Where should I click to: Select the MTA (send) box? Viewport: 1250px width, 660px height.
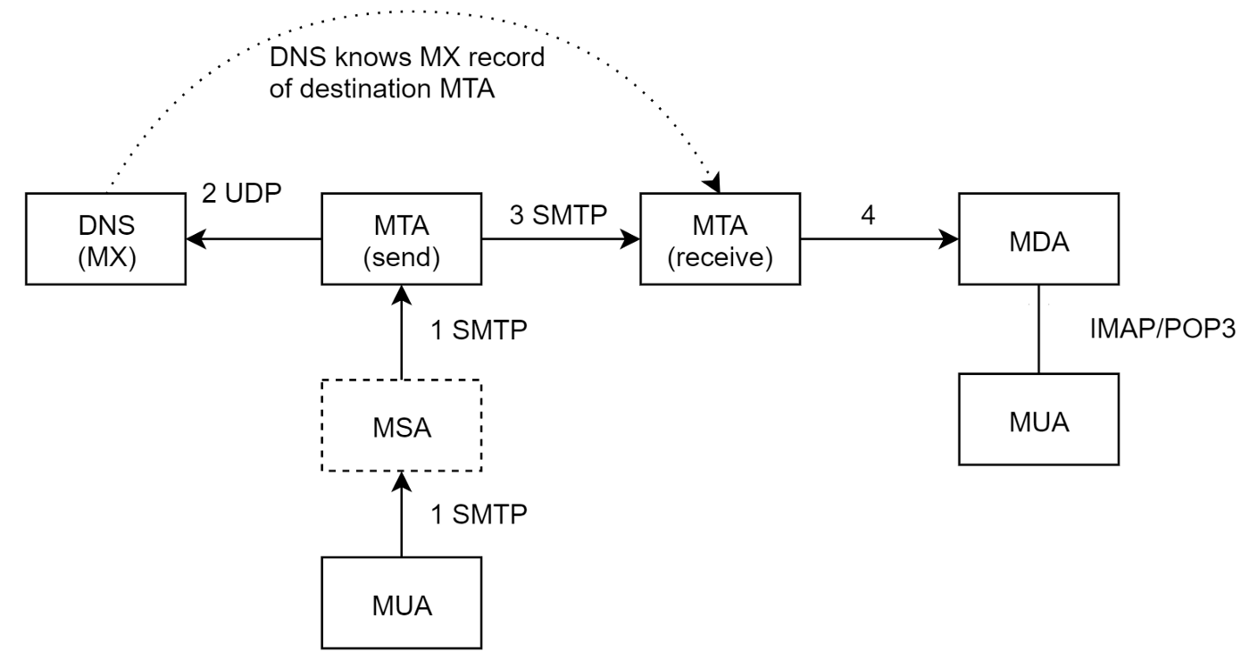401,238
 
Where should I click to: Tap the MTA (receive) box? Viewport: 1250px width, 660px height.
720,238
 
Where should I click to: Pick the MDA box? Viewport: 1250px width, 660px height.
1038,238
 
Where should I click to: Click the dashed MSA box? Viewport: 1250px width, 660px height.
401,425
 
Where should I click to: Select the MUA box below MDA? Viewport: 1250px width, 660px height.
1038,418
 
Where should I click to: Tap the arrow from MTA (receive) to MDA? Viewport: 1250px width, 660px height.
879,238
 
